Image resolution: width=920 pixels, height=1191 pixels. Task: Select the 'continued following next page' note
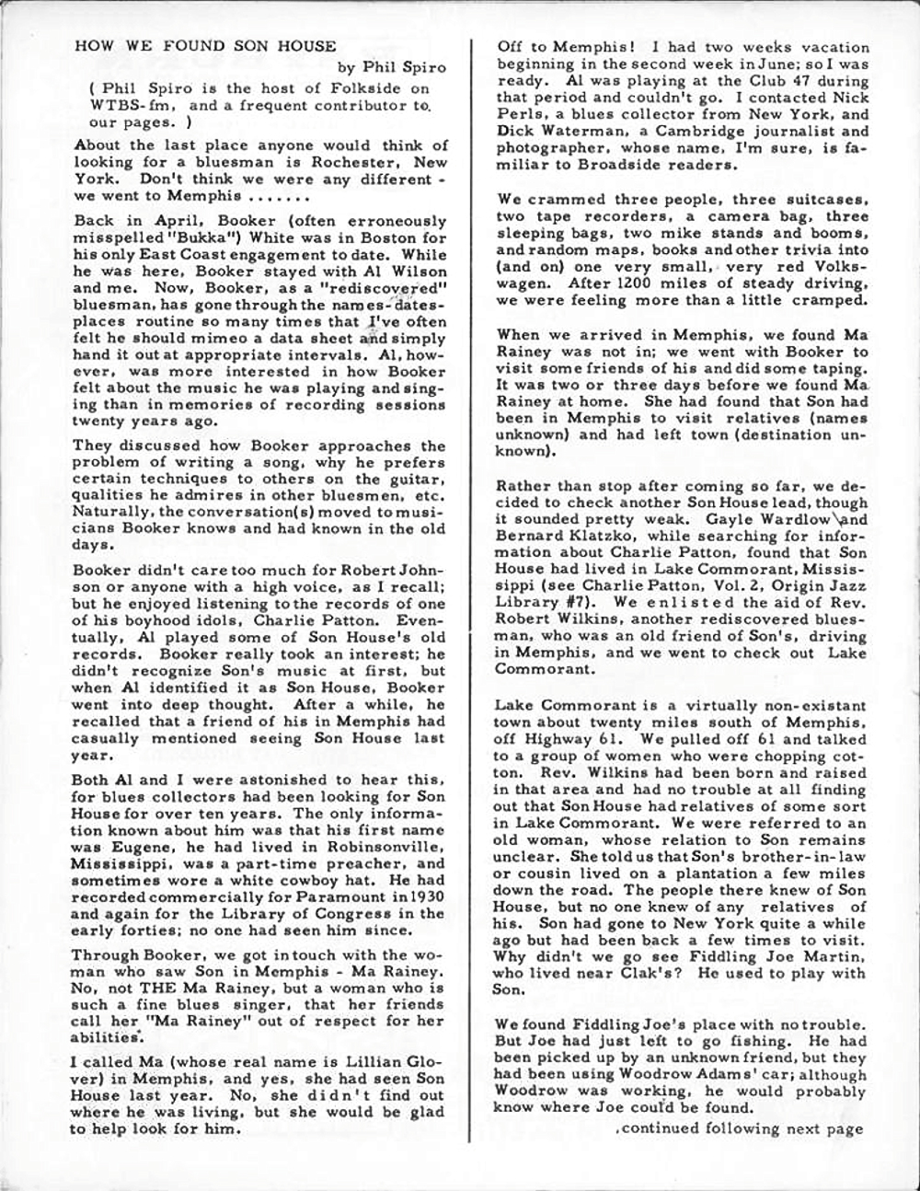739,1128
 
